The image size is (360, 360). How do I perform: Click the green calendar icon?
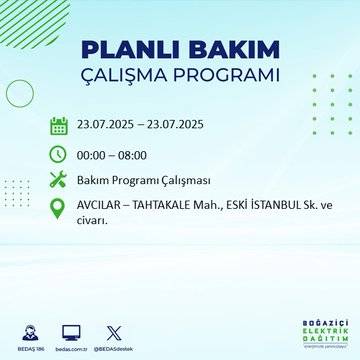[58, 126]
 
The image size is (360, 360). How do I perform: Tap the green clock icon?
[58, 154]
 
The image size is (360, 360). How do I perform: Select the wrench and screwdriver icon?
[58, 181]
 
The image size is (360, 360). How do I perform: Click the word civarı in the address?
[93, 222]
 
